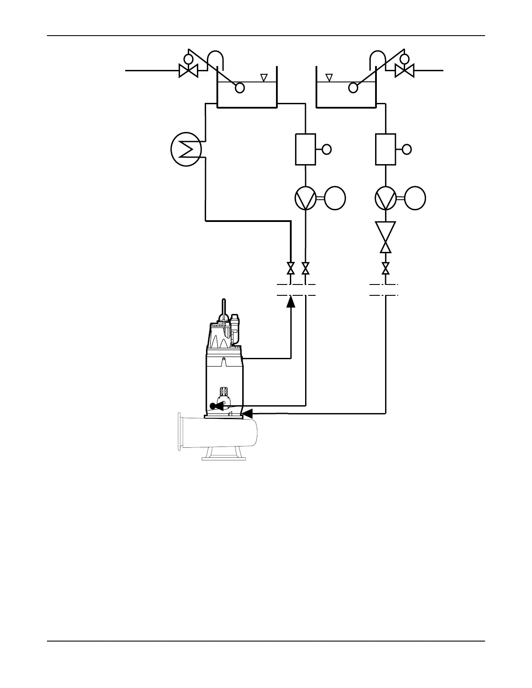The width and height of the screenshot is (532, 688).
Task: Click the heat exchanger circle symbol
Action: click(186, 150)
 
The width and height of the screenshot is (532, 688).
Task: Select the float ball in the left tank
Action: click(239, 88)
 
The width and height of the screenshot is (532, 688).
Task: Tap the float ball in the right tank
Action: click(353, 88)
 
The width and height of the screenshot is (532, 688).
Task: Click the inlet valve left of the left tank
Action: click(188, 70)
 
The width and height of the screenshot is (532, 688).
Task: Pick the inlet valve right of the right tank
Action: click(404, 70)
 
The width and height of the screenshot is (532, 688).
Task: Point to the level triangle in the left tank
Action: click(263, 77)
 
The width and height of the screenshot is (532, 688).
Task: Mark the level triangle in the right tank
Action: click(329, 77)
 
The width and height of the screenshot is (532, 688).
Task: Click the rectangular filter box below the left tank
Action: click(306, 149)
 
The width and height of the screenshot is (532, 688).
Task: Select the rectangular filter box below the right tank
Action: click(386, 149)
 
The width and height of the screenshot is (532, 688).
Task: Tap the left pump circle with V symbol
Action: click(306, 198)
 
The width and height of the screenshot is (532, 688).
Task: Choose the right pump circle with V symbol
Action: click(386, 198)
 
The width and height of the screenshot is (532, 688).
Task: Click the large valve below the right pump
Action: click(386, 237)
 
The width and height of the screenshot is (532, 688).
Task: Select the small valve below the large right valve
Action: click(386, 268)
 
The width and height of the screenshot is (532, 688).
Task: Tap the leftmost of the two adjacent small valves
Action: click(291, 268)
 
